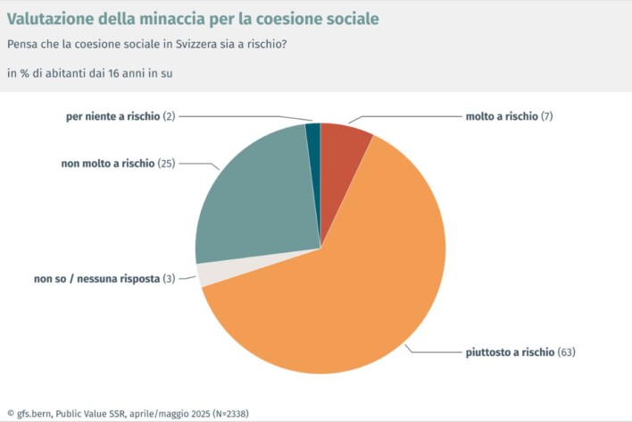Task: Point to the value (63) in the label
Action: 566,352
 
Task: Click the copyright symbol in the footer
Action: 10,414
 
